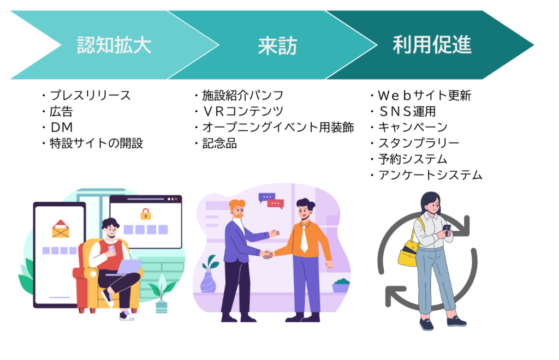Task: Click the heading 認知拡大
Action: pos(114,45)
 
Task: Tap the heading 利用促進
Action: pos(431,45)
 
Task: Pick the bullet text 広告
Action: pos(61,112)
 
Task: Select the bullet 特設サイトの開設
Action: pos(96,144)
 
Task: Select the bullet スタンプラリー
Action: pos(419,143)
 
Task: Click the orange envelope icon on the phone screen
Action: pos(61,229)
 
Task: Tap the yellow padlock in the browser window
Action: pos(145,214)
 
